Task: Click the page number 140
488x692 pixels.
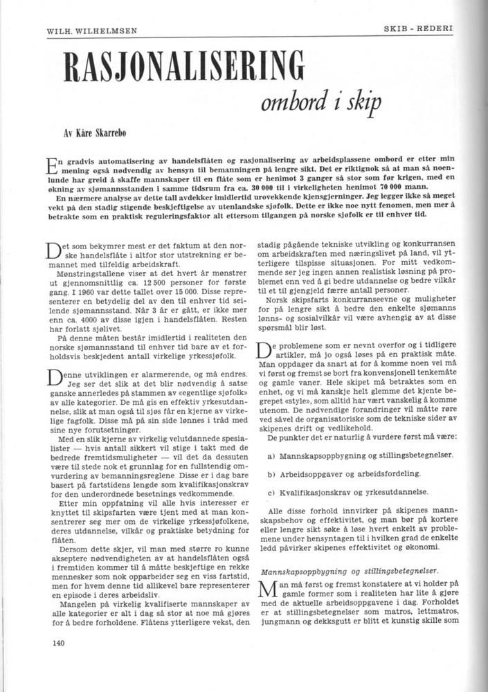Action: point(59,642)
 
